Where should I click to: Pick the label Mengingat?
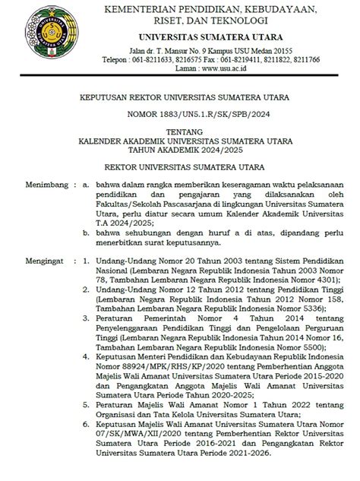[x=31, y=259]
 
